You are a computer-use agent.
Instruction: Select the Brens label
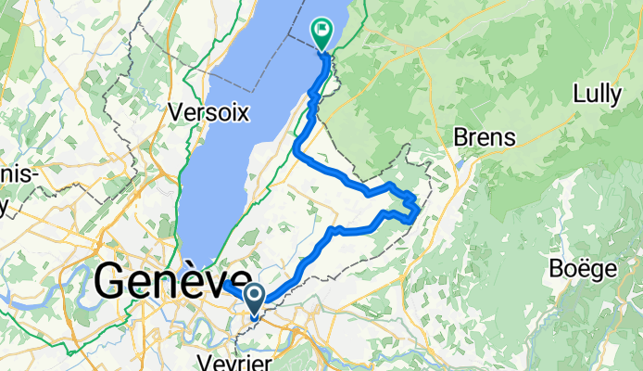[x=484, y=137]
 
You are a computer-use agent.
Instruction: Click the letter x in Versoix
[x=243, y=112]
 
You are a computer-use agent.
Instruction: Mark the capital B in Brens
[x=460, y=137]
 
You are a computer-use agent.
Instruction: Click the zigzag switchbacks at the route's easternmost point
[x=411, y=206]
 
